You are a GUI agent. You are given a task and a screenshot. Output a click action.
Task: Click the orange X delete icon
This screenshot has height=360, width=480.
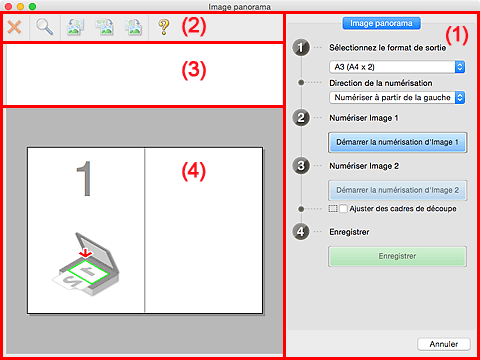[x=14, y=27]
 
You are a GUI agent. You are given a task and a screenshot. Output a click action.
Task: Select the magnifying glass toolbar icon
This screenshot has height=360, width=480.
[x=44, y=27]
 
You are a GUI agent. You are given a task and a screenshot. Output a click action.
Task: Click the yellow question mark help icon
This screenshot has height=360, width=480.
[x=164, y=27]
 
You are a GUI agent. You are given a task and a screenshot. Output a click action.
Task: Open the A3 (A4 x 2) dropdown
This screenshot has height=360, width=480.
[x=397, y=67]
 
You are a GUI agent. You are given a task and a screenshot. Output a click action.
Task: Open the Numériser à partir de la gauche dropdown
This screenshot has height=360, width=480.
[x=397, y=98]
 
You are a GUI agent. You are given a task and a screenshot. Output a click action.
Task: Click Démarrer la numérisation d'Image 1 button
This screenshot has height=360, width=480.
[x=397, y=142]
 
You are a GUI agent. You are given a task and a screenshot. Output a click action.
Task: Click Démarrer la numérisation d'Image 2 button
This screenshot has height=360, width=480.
[x=397, y=190]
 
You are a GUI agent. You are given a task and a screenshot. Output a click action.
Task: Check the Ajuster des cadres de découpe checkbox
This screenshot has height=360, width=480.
[x=343, y=209]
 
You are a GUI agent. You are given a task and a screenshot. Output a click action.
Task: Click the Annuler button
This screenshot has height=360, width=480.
[x=444, y=344]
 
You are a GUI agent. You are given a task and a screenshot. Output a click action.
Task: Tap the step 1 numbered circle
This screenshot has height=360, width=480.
[x=301, y=48]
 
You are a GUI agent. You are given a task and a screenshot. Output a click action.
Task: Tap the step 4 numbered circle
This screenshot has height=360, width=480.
[x=301, y=232]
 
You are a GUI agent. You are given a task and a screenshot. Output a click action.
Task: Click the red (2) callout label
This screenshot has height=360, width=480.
[x=194, y=26]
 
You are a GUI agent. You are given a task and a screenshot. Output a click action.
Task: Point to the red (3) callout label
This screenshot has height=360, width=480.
[x=194, y=70]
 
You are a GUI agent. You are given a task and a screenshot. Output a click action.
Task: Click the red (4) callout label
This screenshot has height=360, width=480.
[x=194, y=172]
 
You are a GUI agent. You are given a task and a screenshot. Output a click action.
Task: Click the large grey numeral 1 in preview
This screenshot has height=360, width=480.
[x=84, y=179]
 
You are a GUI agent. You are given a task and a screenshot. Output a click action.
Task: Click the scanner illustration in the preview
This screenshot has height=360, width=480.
[x=86, y=264]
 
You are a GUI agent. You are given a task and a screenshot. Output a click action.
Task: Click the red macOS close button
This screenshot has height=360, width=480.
[x=9, y=6]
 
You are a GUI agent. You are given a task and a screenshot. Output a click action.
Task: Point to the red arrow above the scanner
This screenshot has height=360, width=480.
[x=86, y=253]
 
